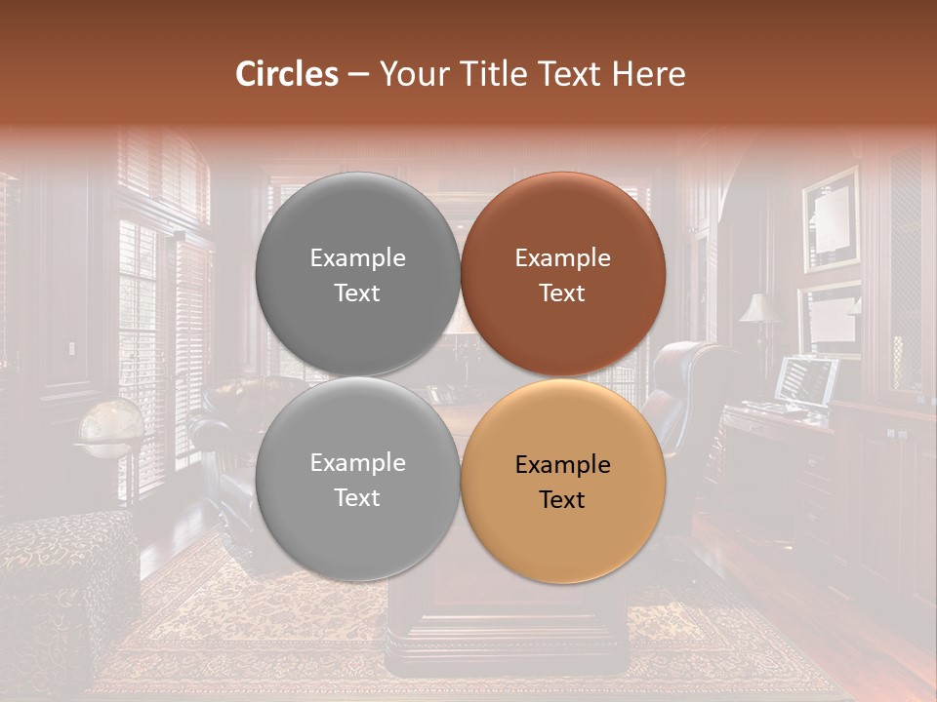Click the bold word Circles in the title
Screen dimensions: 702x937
click(x=286, y=74)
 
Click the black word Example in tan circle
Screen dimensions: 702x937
click(x=563, y=465)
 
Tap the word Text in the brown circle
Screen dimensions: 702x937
click(x=562, y=293)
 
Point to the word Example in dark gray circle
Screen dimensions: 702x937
click(x=357, y=258)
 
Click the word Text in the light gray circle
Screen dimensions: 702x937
click(x=357, y=498)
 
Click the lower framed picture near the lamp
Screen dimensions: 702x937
click(x=831, y=317)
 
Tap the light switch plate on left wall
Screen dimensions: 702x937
click(x=70, y=350)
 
